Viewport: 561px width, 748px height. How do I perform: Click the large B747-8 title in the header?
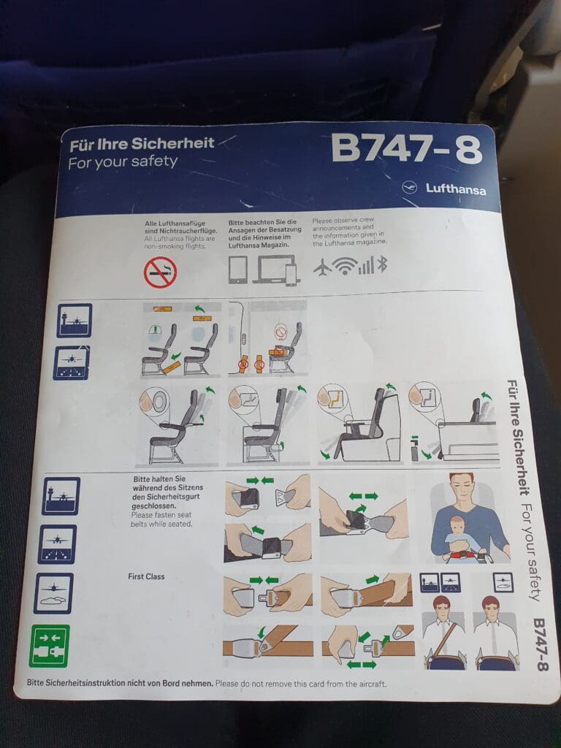[407, 148]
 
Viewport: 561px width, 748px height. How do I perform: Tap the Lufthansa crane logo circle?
[409, 188]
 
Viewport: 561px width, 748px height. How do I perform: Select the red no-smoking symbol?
[160, 272]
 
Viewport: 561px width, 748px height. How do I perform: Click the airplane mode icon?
[323, 267]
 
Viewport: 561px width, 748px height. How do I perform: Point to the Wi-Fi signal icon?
[345, 266]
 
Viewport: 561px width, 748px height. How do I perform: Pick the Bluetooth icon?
[382, 264]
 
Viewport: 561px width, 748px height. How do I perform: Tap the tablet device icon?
[237, 270]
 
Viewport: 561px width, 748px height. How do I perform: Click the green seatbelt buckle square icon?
[49, 646]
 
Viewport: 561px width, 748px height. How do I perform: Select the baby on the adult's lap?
[460, 538]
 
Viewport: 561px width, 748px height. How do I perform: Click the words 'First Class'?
[146, 576]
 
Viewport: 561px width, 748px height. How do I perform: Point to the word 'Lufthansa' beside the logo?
[456, 189]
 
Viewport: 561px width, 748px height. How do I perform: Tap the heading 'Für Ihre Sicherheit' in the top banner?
[142, 144]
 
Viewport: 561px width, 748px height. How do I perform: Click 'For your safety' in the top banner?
[123, 162]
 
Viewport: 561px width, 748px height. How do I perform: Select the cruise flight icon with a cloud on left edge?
[53, 593]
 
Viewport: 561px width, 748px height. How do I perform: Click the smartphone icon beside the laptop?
[291, 275]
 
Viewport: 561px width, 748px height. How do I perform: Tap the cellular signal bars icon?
[366, 266]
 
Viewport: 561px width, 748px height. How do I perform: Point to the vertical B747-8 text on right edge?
[540, 644]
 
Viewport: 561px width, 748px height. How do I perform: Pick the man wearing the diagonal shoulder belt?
[443, 632]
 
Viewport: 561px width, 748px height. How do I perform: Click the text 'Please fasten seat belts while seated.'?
[161, 519]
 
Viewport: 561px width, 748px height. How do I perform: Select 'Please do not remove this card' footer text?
[300, 684]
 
